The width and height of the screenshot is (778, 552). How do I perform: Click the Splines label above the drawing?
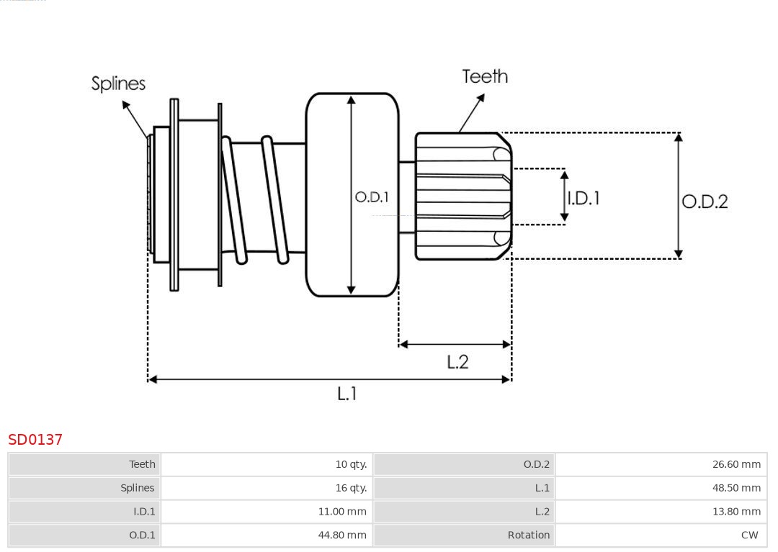pos(118,83)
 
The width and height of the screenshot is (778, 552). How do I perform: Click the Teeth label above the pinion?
pos(485,76)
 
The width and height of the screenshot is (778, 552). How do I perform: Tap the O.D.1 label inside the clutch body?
pos(372,196)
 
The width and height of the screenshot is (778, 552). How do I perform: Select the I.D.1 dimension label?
pos(583,198)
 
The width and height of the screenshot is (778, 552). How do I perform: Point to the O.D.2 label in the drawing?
pos(705,202)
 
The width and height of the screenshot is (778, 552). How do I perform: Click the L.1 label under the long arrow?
pos(347,394)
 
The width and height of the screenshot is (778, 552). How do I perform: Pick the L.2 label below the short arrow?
pos(457,361)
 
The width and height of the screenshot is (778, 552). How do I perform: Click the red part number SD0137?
pos(35,439)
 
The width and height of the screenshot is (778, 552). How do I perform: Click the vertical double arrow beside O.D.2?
pos(678,196)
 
